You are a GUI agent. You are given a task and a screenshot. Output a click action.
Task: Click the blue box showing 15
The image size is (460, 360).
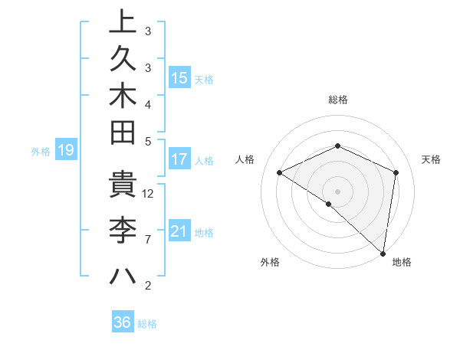click(x=179, y=78)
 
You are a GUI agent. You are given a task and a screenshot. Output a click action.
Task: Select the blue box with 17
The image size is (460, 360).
click(x=179, y=160)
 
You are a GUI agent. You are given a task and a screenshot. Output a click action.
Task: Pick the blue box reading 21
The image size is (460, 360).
click(x=179, y=231)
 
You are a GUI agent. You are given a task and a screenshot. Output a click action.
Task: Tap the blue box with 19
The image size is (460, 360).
click(x=66, y=151)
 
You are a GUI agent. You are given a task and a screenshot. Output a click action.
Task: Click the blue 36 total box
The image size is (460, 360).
click(x=123, y=322)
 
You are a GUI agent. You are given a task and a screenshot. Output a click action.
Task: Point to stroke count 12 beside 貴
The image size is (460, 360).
click(x=149, y=193)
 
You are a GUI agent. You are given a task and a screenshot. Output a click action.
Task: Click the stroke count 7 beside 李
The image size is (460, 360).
click(x=148, y=240)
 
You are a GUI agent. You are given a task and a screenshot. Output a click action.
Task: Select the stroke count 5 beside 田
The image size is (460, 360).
click(x=148, y=141)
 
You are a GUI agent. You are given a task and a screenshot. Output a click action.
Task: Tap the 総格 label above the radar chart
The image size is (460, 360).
click(x=338, y=100)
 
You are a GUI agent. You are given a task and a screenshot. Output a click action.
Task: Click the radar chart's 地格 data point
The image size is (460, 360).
click(x=383, y=253)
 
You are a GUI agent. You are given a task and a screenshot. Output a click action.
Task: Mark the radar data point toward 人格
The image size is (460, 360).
click(x=280, y=173)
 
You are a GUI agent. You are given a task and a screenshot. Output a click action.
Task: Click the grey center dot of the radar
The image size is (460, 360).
click(x=338, y=190)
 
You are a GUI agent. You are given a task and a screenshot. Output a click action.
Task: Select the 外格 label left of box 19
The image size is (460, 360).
click(x=41, y=152)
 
